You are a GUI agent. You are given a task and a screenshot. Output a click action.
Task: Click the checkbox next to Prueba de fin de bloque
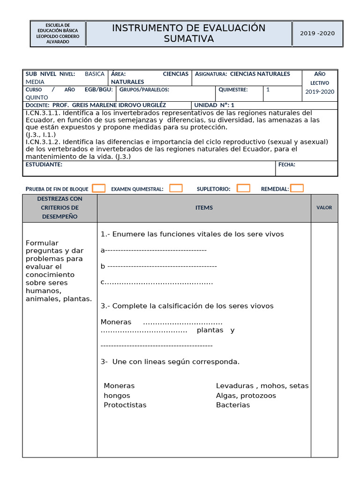coord(98,188)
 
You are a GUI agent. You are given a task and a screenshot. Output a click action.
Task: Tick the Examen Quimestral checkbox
coord(176,188)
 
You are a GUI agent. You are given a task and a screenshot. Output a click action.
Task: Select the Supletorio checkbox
coord(243,188)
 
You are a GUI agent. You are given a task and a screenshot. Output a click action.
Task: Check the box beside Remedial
coord(297,188)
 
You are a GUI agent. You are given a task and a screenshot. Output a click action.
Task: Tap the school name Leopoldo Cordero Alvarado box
coord(58,33)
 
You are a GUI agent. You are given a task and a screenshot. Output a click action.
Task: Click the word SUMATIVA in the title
coord(188,39)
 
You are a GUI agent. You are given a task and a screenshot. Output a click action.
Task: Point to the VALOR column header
coord(324,208)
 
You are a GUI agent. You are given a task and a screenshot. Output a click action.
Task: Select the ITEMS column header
coord(204,208)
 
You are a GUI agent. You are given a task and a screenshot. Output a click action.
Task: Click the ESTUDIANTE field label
coord(44,165)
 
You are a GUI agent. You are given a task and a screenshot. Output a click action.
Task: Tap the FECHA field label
coord(287,165)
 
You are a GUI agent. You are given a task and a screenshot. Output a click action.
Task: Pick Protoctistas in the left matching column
coord(125,405)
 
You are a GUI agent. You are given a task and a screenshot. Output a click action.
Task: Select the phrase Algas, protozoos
coord(246,396)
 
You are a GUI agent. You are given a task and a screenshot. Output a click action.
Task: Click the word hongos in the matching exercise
coord(117,396)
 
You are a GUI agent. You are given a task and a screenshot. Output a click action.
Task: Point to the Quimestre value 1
coord(268,90)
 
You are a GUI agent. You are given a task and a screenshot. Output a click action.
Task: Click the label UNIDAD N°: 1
coord(214,105)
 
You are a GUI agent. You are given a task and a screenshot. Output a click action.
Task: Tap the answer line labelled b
coord(159,266)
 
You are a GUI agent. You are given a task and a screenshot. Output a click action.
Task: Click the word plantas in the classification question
coord(210,330)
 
